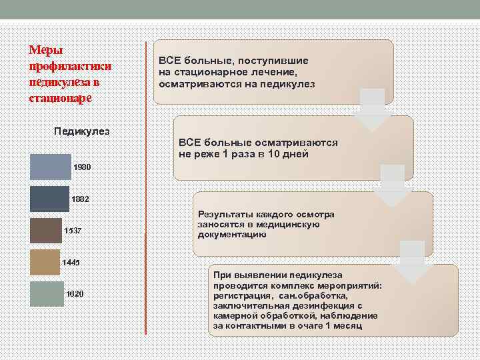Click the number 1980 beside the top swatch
[x=83, y=167]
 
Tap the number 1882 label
[x=80, y=199]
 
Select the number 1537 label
[x=73, y=231]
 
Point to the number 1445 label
[x=70, y=263]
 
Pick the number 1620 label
[x=75, y=294]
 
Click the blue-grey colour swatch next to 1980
[x=50, y=167]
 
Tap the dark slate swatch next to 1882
[x=49, y=199]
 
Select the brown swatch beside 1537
[x=45, y=231]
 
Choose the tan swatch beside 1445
[x=45, y=262]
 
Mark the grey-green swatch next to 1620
[x=47, y=293]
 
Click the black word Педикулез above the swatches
[x=81, y=131]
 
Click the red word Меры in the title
[x=43, y=51]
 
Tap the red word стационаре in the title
[x=59, y=98]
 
